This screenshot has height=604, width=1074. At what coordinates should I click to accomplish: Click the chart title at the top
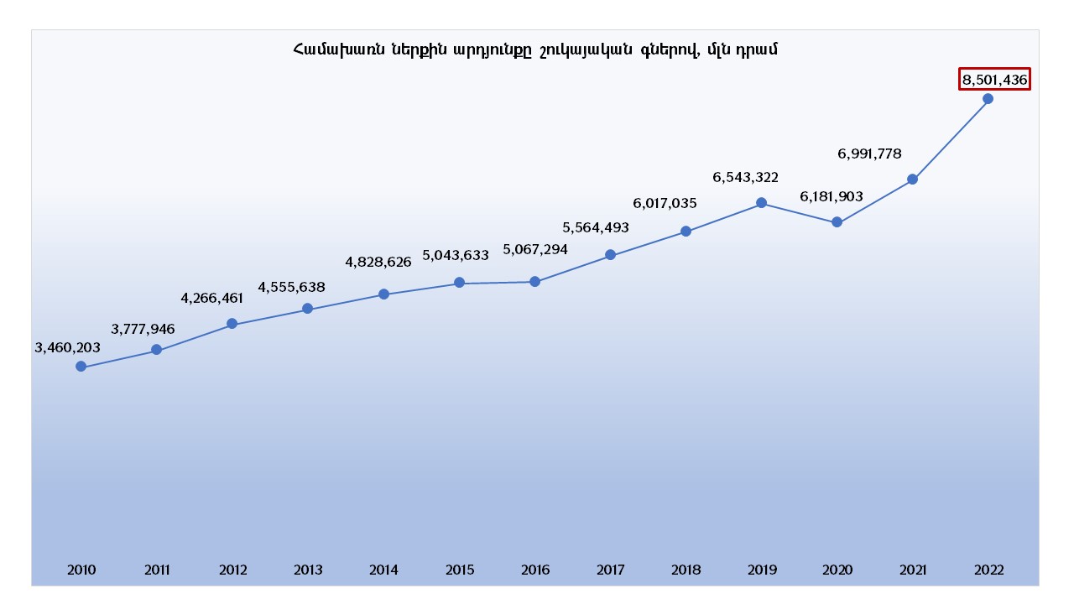[x=535, y=49]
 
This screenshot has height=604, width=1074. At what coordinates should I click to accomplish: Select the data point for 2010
[x=81, y=367]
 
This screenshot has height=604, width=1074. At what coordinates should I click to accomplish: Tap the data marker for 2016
[x=535, y=282]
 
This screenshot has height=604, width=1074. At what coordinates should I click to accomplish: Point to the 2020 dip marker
[x=837, y=222]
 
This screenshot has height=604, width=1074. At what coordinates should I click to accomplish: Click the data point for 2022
[x=988, y=99]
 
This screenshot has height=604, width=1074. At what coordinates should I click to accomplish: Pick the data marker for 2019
[x=761, y=202]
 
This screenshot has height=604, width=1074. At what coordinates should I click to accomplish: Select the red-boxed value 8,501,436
[x=995, y=80]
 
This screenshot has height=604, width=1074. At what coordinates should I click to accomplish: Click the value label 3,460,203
[x=67, y=347]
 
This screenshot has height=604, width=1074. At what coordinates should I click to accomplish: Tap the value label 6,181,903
[x=832, y=196]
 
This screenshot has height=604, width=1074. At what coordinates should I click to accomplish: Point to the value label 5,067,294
[x=535, y=249]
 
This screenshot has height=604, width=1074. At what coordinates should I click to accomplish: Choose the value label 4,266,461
[x=212, y=298]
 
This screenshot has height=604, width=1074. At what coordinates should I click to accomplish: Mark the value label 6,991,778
[x=869, y=154]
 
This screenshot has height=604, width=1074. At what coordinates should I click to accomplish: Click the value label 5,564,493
[x=596, y=227]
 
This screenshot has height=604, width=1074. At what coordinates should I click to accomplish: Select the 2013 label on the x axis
[x=308, y=570]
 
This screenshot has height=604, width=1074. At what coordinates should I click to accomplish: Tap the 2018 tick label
[x=686, y=570]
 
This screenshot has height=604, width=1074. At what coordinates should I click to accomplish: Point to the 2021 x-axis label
[x=912, y=570]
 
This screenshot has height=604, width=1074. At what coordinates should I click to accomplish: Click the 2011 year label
[x=157, y=570]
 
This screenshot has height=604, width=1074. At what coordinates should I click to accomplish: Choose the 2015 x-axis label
[x=460, y=570]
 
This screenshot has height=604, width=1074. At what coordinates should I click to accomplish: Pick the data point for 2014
[x=383, y=294]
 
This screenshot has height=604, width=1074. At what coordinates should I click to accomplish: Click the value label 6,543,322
[x=746, y=178]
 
